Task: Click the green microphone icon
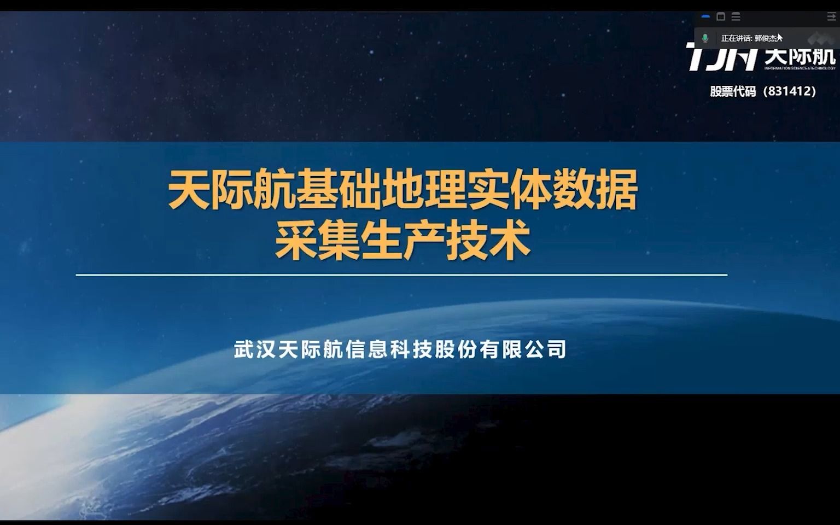(705, 38)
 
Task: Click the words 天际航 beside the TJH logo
(800, 56)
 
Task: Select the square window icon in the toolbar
(721, 17)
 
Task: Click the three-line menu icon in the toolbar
(736, 17)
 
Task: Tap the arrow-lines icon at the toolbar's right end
(831, 17)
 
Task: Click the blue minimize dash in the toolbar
(705, 17)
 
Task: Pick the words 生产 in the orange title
(402, 241)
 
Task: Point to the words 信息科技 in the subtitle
(389, 349)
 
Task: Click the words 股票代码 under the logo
(733, 91)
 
